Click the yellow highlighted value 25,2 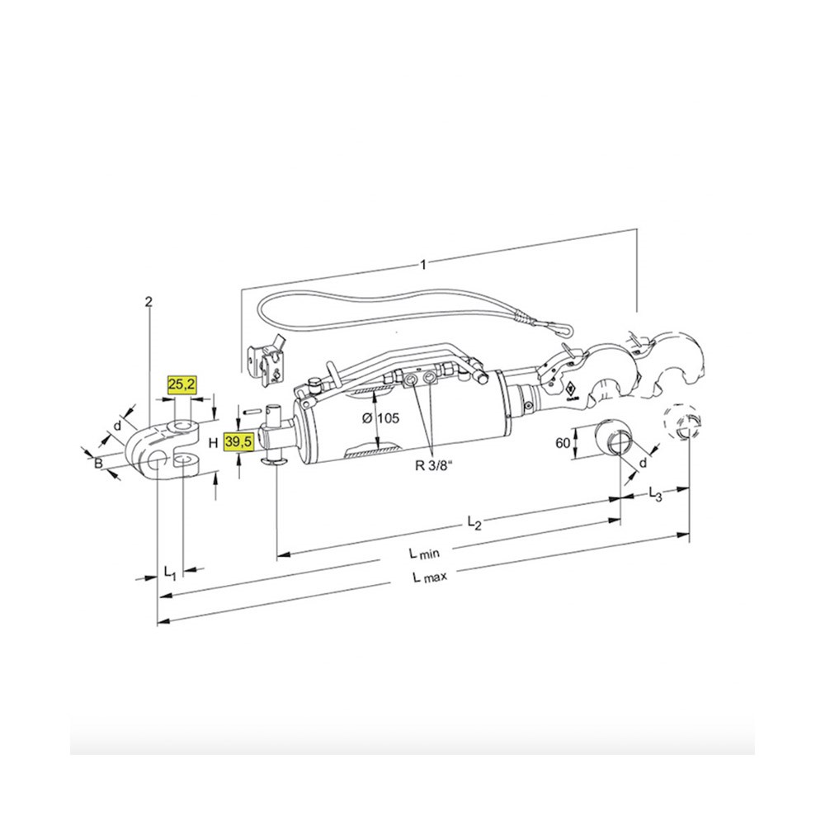(181, 384)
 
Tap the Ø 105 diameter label (381, 418)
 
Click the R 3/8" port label (434, 465)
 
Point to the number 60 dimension (563, 443)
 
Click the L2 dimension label (474, 522)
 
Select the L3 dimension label (655, 494)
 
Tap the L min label (424, 553)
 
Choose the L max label (430, 577)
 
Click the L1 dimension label (169, 573)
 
